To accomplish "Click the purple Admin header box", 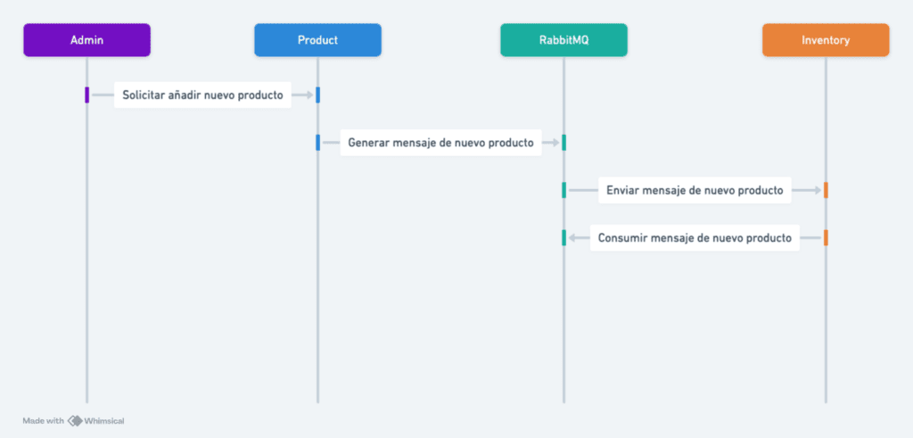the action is tap(86, 40).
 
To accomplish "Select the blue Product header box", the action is tap(318, 40).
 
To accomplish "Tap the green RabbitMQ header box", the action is tap(563, 40).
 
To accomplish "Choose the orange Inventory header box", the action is tap(826, 40).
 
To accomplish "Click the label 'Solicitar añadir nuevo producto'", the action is tap(202, 95).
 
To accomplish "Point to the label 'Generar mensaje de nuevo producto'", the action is tap(440, 143).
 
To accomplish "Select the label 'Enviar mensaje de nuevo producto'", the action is tap(695, 191).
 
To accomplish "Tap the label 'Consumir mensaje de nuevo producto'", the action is tap(695, 238).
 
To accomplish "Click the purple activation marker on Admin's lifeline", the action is tap(86, 95).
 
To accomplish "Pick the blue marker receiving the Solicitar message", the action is tap(318, 95).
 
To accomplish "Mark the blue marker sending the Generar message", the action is tap(318, 143).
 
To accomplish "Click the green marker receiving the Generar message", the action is tap(563, 143).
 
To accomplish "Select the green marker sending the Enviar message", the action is tap(563, 191).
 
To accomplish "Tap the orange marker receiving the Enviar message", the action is tap(826, 191).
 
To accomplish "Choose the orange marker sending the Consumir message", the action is tap(826, 238).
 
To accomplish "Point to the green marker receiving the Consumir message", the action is tap(563, 238).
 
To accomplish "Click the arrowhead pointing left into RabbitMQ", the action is tap(572, 238).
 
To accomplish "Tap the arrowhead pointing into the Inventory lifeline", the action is tap(818, 191).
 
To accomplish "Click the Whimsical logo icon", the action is tap(75, 421).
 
